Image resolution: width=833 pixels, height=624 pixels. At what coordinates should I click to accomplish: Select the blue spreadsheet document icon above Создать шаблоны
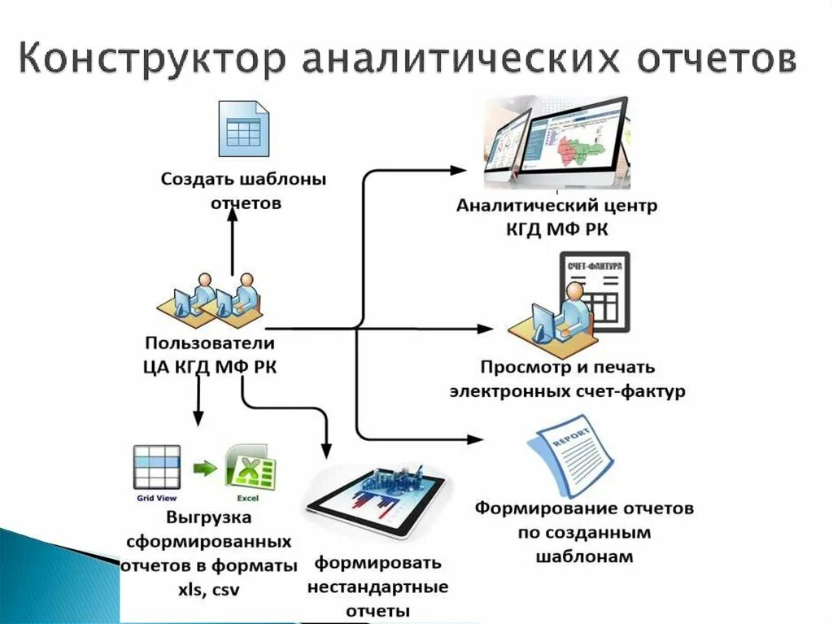tap(243, 129)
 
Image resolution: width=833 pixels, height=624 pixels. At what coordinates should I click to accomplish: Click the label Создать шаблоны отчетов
tap(243, 190)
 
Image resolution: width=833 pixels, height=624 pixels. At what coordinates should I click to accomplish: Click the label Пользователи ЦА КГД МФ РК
tap(209, 355)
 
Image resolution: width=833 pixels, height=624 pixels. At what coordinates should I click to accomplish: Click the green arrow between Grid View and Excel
tap(204, 469)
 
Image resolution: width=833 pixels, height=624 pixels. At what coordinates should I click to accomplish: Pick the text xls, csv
tap(209, 588)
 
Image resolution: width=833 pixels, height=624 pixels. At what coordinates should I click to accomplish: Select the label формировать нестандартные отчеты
tap(377, 586)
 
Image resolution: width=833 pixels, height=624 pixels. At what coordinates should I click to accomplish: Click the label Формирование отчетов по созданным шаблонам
tap(584, 533)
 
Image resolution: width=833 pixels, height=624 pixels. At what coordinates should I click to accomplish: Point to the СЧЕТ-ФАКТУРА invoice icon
tap(594, 294)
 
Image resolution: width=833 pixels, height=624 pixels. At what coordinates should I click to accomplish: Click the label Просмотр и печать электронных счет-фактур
tap(567, 379)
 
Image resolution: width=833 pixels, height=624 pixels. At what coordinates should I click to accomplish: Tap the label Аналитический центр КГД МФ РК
tap(556, 217)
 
